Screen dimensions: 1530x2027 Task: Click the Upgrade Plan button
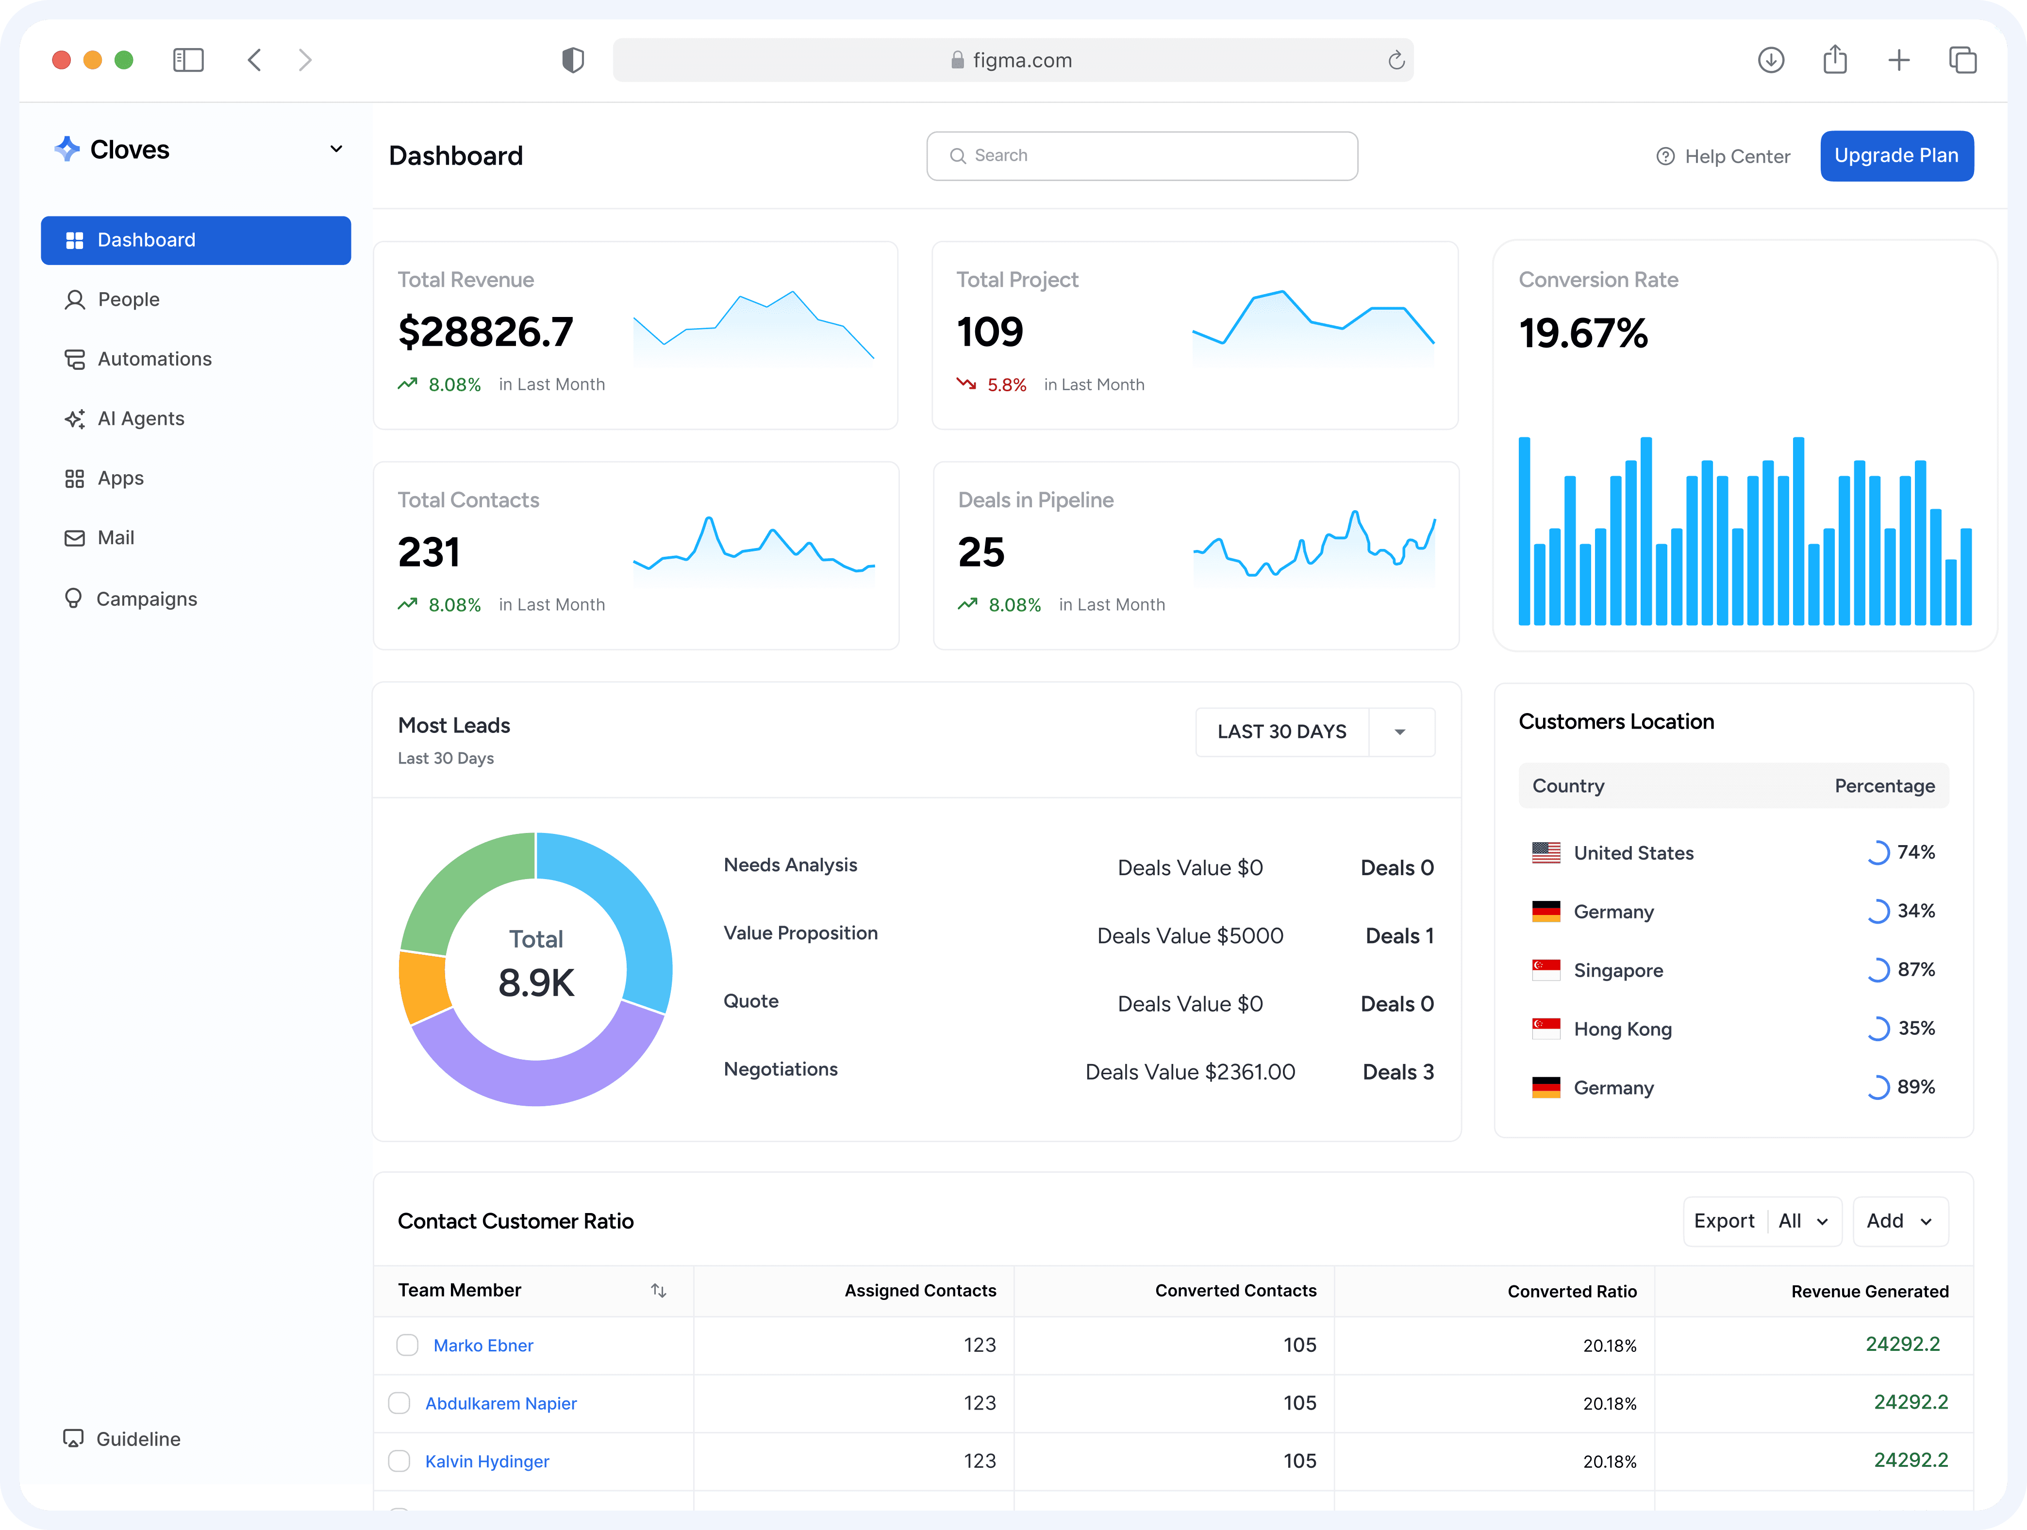click(1896, 156)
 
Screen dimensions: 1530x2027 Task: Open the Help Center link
click(1723, 157)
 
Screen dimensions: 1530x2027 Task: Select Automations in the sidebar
click(154, 359)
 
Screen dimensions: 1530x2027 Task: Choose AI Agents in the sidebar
click(140, 419)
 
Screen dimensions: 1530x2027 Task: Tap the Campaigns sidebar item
click(147, 599)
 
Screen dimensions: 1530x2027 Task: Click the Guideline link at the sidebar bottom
click(137, 1439)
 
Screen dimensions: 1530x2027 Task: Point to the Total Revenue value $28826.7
click(486, 332)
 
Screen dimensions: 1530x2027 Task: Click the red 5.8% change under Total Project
click(1006, 385)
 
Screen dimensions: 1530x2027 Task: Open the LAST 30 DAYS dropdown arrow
click(1399, 732)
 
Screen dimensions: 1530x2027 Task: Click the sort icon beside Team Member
click(658, 1291)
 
